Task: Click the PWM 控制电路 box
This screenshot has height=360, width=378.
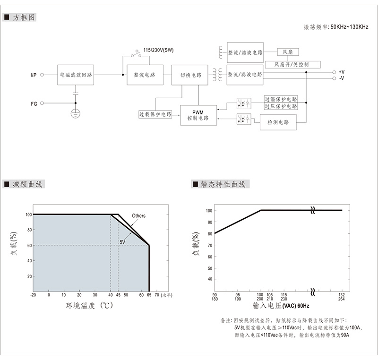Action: click(198, 115)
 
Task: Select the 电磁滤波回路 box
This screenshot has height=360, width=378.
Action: click(76, 75)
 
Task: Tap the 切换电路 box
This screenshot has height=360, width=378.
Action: click(190, 75)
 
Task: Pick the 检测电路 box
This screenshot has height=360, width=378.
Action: click(278, 122)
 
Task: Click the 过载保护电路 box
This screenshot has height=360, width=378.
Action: click(155, 114)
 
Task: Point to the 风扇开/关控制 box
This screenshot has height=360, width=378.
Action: click(292, 65)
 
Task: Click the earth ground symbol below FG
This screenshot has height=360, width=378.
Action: click(76, 113)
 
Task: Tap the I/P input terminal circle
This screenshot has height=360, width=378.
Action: click(42, 75)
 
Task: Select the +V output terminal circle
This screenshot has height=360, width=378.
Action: click(334, 72)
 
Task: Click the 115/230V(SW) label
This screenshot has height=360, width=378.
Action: click(158, 50)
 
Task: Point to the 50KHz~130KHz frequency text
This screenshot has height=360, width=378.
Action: click(349, 27)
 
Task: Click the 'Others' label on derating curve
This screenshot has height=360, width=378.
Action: click(138, 215)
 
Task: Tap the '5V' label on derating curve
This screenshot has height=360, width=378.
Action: click(122, 242)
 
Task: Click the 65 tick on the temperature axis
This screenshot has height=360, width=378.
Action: click(149, 295)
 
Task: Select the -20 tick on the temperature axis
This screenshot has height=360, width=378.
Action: click(33, 295)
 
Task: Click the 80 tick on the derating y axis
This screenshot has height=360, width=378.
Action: click(29, 230)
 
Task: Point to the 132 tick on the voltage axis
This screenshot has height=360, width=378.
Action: click(341, 295)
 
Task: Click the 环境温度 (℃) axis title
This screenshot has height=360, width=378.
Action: click(89, 306)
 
